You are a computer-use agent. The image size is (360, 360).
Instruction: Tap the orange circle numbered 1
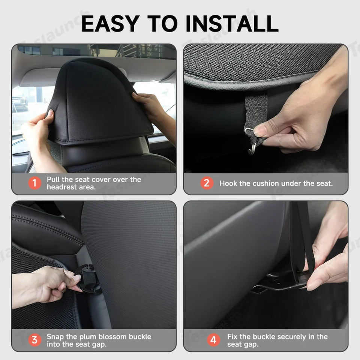click(34, 183)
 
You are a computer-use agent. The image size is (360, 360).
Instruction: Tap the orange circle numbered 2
click(206, 183)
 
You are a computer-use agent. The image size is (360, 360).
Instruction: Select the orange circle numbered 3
click(34, 340)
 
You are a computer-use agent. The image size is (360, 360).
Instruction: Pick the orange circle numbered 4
click(213, 340)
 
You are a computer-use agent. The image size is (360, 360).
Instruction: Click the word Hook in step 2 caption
click(228, 183)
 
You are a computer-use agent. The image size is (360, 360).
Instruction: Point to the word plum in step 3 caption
click(91, 336)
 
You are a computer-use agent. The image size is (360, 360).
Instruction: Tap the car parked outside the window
click(19, 103)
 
